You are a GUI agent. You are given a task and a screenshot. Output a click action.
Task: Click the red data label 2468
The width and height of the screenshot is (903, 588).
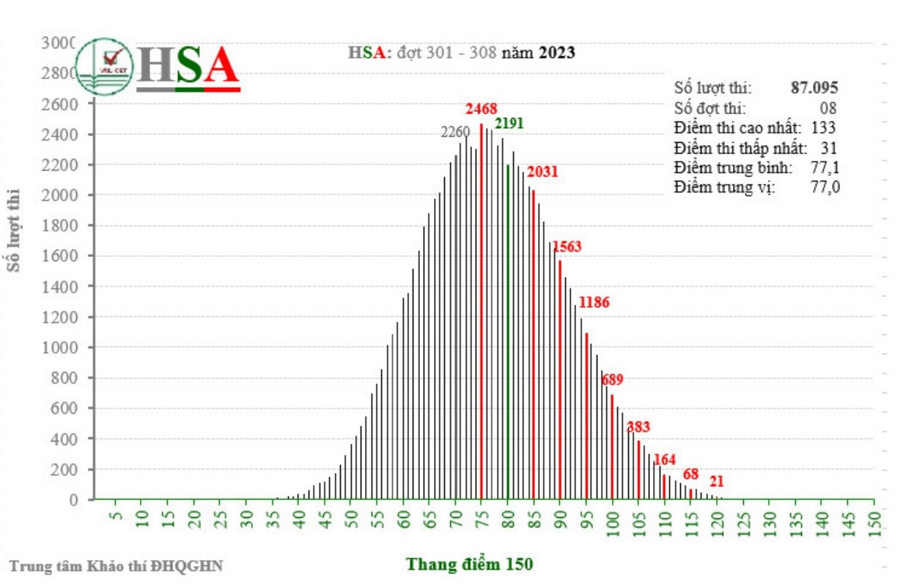pos(482,109)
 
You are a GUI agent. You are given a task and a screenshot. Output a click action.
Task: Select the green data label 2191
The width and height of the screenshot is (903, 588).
pos(509,123)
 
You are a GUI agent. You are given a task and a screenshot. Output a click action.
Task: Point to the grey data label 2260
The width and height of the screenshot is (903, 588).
pos(455,133)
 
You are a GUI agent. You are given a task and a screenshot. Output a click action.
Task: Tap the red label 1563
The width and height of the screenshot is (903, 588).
pos(567,247)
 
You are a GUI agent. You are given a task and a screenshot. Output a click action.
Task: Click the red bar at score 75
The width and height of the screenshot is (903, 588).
pos(482,315)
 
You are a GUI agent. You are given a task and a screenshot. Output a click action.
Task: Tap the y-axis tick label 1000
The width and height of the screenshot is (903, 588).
pos(64,347)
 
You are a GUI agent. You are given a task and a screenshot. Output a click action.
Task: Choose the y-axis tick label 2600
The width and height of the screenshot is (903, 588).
pos(64,104)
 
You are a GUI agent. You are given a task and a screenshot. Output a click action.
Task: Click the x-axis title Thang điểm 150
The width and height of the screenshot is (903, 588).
pos(470,565)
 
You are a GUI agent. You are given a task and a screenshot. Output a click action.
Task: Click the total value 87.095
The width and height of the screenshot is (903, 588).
pos(814,87)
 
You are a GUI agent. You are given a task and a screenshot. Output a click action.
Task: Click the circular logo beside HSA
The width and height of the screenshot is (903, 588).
pos(105,66)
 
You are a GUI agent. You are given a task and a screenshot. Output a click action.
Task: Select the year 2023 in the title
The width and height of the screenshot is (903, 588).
pos(556,53)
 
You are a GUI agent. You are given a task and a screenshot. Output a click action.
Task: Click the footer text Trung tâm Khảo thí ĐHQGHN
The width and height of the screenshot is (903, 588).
pos(116,565)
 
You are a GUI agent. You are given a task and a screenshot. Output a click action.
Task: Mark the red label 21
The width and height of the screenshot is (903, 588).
pos(717,482)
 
